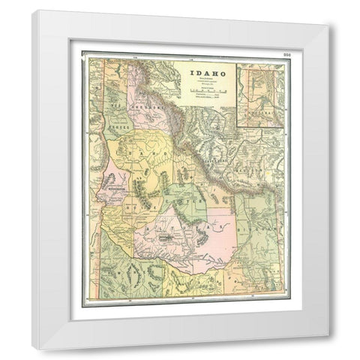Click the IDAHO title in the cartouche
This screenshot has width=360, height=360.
(x=202, y=73)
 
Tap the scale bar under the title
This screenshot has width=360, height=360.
(x=202, y=90)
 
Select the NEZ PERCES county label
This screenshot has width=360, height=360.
(x=118, y=124)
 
